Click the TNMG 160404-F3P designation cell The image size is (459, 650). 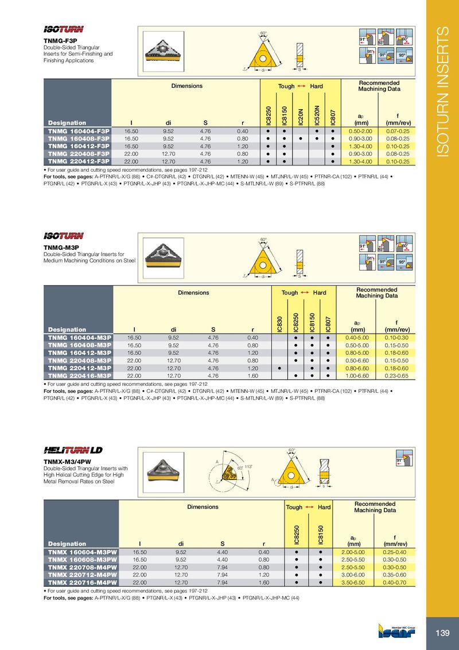pyautogui.click(x=79, y=131)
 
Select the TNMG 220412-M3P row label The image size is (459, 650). pyautogui.click(x=79, y=367)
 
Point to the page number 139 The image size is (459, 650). pyautogui.click(x=442, y=633)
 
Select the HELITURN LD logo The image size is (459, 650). pyautogui.click(x=73, y=449)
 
